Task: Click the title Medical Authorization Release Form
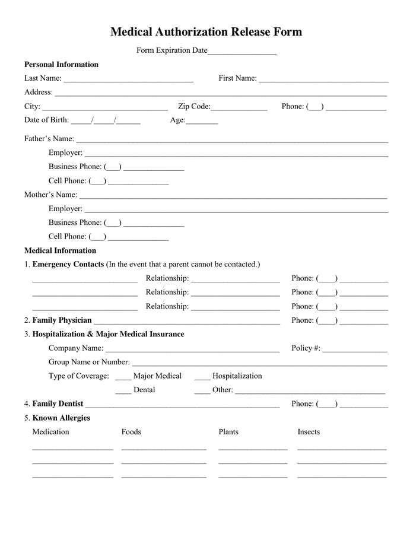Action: coord(206,32)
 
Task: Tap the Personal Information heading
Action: coord(61,65)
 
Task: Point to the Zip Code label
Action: coord(194,107)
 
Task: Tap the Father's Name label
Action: coord(49,139)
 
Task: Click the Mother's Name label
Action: coord(50,195)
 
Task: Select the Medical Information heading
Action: coord(60,250)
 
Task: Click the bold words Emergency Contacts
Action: coord(68,264)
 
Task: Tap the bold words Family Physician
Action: coord(62,320)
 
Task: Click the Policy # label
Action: coord(306,348)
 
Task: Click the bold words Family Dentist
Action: coord(58,404)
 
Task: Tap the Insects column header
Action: coord(309,432)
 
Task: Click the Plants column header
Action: coord(228,432)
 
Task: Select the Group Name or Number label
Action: coord(89,362)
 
